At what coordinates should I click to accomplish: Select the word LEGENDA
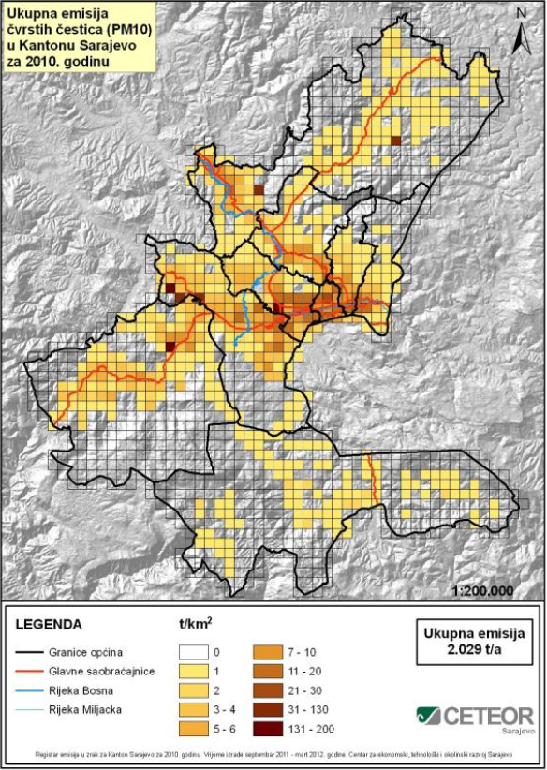pos(51,624)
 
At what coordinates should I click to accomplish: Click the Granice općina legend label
pos(94,649)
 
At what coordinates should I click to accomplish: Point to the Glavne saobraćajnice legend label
pos(107,669)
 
